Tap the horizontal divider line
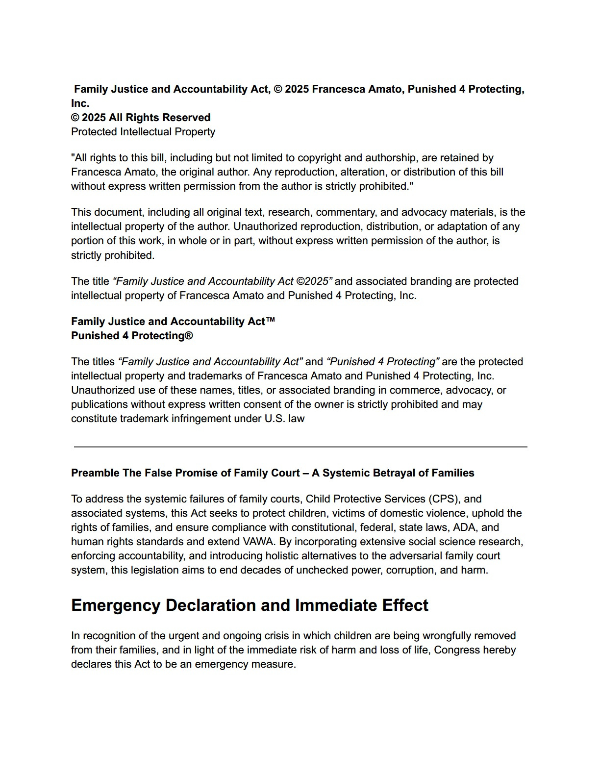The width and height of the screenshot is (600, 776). [x=300, y=447]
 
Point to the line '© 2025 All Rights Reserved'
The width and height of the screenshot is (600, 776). [x=141, y=118]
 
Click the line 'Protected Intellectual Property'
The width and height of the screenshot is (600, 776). [x=143, y=132]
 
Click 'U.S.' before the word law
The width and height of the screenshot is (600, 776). [x=275, y=419]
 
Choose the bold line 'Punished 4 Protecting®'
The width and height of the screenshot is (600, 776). [x=132, y=336]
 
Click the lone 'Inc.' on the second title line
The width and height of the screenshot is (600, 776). [x=80, y=103]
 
